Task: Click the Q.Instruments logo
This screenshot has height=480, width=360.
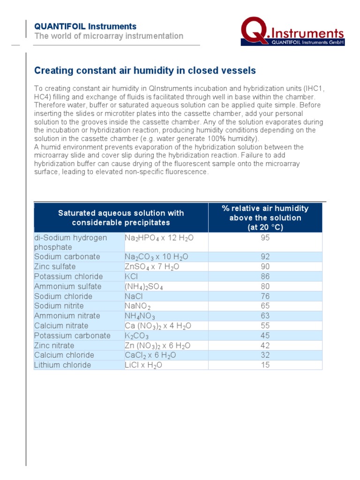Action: (293, 32)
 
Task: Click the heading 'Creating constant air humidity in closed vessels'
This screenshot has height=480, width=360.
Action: (145, 71)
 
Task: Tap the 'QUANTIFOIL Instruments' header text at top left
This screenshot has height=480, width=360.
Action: (85, 26)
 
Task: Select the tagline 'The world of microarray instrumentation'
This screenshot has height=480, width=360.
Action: (109, 36)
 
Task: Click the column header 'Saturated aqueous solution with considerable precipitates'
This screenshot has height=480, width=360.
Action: (121, 218)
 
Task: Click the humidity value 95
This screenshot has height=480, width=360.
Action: (265, 238)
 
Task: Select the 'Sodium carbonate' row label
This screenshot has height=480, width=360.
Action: (67, 257)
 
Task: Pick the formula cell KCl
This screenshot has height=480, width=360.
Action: (132, 277)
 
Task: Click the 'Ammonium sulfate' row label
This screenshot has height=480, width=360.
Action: (67, 286)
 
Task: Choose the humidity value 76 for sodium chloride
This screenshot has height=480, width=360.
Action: (265, 296)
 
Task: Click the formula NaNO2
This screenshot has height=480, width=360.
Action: (138, 306)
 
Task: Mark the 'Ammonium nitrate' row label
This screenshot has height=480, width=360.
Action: (67, 316)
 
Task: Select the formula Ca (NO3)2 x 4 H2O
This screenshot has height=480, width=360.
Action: (158, 326)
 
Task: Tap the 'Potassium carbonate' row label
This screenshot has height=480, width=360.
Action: (72, 336)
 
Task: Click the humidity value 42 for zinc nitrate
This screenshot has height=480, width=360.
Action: (265, 345)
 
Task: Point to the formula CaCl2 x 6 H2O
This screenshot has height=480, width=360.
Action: (150, 355)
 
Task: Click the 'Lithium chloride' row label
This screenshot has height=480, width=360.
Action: (63, 365)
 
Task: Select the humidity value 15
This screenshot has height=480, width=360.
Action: (265, 365)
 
